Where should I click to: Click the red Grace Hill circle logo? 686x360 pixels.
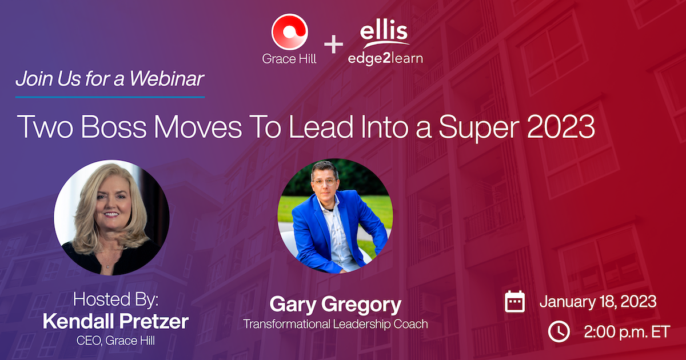click(290, 31)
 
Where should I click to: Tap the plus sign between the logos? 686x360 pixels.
click(333, 44)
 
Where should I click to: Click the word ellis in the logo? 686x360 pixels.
click(384, 31)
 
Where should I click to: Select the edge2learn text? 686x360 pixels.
click(385, 58)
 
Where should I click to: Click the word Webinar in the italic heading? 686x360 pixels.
click(166, 79)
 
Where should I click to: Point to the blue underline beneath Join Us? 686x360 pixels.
click(110, 97)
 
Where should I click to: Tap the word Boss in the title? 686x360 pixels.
click(114, 126)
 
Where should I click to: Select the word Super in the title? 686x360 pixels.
click(479, 128)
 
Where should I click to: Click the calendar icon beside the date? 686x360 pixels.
click(514, 302)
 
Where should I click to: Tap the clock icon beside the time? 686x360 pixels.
click(559, 331)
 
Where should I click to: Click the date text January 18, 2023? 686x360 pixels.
click(598, 302)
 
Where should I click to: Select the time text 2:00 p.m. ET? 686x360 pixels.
click(627, 332)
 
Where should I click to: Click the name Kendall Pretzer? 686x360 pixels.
click(115, 321)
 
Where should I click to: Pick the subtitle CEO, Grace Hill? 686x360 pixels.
click(115, 341)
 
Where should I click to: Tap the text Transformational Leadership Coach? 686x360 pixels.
click(336, 324)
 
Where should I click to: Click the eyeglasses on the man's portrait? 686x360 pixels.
click(325, 182)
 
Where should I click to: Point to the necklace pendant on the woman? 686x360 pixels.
click(107, 267)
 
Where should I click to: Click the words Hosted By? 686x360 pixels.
click(115, 299)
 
